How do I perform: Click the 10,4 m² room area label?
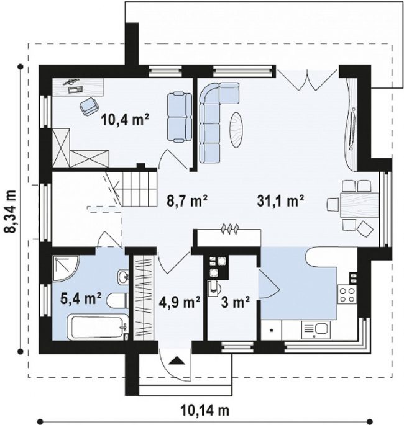(125, 120)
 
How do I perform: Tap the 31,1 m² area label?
(280, 201)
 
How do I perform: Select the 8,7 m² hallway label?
(187, 201)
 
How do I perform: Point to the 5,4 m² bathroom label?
(81, 298)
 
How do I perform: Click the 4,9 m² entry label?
(180, 302)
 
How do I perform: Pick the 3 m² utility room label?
(235, 302)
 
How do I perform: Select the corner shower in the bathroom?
(65, 268)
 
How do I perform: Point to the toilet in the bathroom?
(117, 300)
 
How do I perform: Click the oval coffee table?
(236, 130)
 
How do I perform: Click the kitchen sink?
(316, 330)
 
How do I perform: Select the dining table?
(359, 205)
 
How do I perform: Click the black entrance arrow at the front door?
(176, 360)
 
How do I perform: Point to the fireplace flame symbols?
(230, 228)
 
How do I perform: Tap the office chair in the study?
(89, 107)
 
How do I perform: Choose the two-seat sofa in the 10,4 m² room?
(180, 117)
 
